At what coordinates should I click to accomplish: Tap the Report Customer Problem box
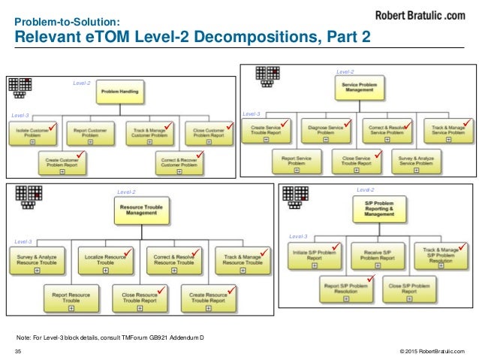click(x=89, y=132)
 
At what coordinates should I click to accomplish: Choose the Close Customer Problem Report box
click(x=207, y=132)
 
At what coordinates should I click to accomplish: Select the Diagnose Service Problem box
click(x=326, y=132)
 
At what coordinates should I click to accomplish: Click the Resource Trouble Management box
click(x=137, y=210)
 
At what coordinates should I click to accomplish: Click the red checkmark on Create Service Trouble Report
click(x=285, y=122)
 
